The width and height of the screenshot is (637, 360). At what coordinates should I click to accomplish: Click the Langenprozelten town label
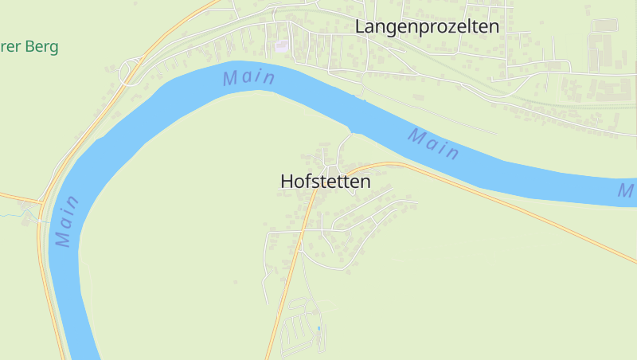pyautogui.click(x=427, y=26)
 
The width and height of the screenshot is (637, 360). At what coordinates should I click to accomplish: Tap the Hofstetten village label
pyautogui.click(x=326, y=182)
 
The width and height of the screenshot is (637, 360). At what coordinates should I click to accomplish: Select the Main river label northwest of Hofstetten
pyautogui.click(x=249, y=77)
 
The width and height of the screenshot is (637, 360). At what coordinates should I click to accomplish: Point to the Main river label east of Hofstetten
pyautogui.click(x=434, y=143)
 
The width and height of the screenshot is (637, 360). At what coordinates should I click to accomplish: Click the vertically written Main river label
pyautogui.click(x=68, y=221)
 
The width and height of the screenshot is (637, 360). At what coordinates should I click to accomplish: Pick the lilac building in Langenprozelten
pyautogui.click(x=281, y=46)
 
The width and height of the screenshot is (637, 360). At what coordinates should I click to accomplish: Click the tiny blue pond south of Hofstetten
pyautogui.click(x=319, y=328)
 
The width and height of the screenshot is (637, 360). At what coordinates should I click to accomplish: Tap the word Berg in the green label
pyautogui.click(x=42, y=47)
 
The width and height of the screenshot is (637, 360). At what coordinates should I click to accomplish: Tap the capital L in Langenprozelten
pyautogui.click(x=359, y=26)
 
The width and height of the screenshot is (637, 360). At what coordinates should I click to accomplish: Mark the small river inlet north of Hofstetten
pyautogui.click(x=353, y=128)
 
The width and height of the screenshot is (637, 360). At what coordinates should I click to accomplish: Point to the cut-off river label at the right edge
pyautogui.click(x=627, y=190)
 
